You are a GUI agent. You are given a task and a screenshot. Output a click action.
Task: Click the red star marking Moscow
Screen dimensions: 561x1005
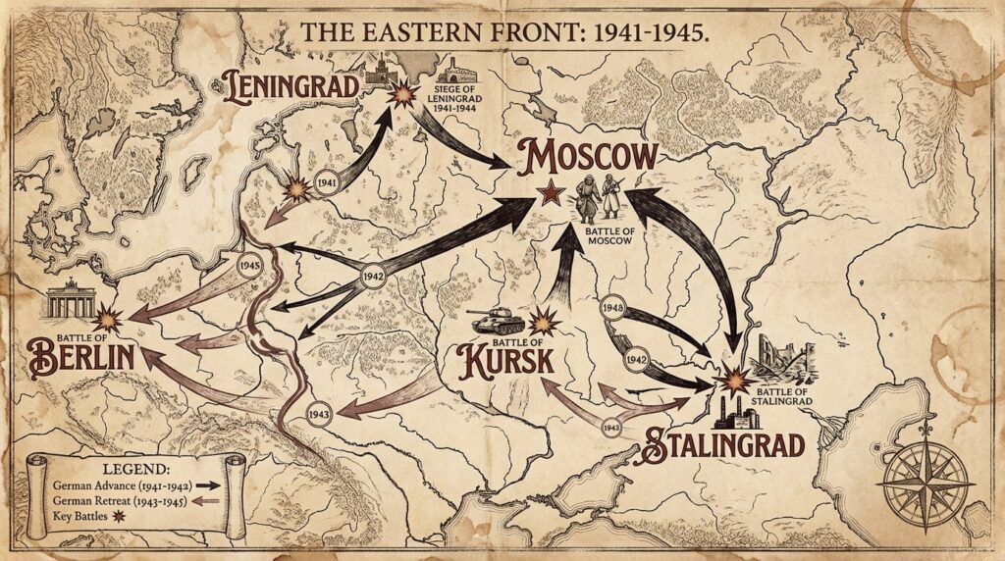pyautogui.click(x=550, y=193)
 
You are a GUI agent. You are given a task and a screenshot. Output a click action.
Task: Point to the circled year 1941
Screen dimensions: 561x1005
pyautogui.click(x=331, y=182)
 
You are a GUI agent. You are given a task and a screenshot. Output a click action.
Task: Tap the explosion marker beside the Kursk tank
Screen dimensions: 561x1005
pyautogui.click(x=544, y=321)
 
